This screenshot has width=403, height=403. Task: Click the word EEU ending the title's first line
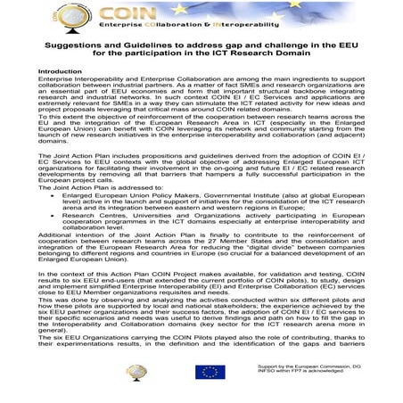tap(345, 43)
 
